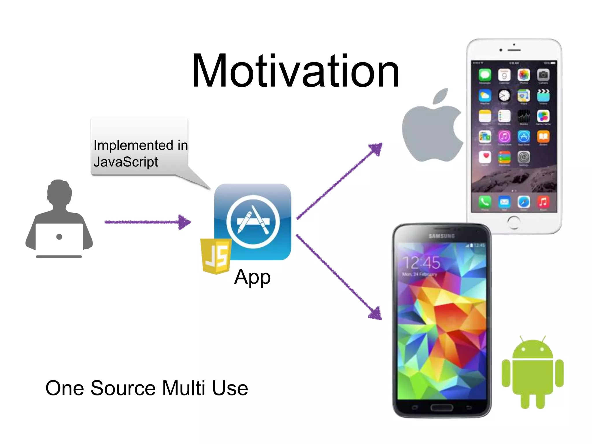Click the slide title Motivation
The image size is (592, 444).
(295, 71)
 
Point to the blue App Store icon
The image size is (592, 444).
(253, 221)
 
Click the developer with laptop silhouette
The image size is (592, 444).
(59, 220)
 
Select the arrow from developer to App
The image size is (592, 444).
(147, 222)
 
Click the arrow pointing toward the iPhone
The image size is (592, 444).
(340, 181)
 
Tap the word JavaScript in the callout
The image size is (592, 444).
(126, 162)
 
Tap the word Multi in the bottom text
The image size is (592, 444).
(184, 388)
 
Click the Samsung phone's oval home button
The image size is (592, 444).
(442, 408)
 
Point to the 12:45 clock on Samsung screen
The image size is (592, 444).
(421, 262)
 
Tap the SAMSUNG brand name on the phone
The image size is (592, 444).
(442, 236)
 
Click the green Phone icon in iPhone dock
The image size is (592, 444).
(485, 202)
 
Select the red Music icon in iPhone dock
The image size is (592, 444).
(543, 202)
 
